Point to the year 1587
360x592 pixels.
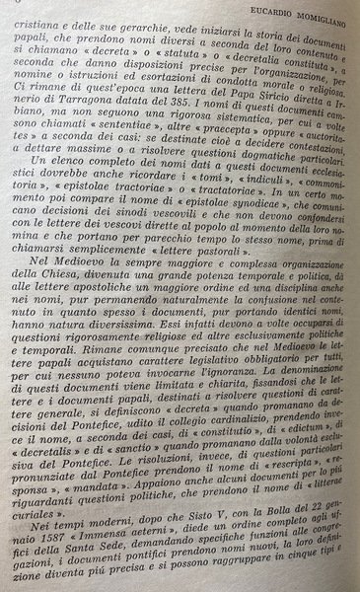(43, 591)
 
